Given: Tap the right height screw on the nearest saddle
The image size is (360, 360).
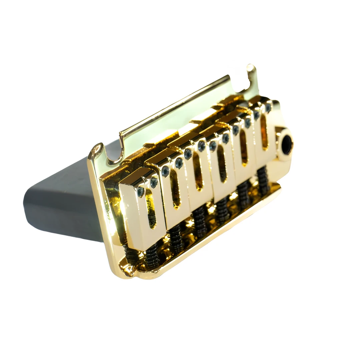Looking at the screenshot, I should pyautogui.click(x=154, y=182).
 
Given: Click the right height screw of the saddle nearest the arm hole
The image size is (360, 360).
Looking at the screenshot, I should pyautogui.click(x=268, y=108).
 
